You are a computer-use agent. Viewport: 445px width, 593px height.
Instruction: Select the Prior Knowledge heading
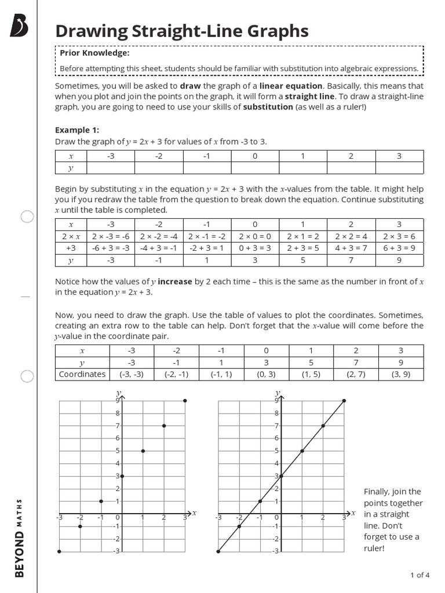click(x=94, y=53)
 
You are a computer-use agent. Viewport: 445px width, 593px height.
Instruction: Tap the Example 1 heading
click(x=77, y=130)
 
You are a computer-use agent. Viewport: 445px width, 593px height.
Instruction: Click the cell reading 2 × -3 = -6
click(x=111, y=236)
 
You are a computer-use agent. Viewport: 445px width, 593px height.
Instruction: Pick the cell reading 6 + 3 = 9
click(x=399, y=248)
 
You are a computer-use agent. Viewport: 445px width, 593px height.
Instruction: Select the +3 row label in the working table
click(x=71, y=248)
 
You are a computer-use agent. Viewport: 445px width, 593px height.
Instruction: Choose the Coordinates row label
click(x=82, y=374)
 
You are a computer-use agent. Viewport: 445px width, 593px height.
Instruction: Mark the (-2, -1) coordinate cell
click(x=176, y=374)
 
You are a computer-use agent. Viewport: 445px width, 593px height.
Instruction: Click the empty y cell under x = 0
click(x=255, y=168)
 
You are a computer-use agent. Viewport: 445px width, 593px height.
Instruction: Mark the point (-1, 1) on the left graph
click(x=101, y=501)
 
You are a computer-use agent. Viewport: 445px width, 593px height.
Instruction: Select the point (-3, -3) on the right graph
click(x=218, y=551)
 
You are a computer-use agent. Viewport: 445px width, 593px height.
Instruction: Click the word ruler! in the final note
click(x=374, y=547)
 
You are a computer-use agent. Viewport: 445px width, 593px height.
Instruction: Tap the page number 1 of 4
click(x=420, y=575)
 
